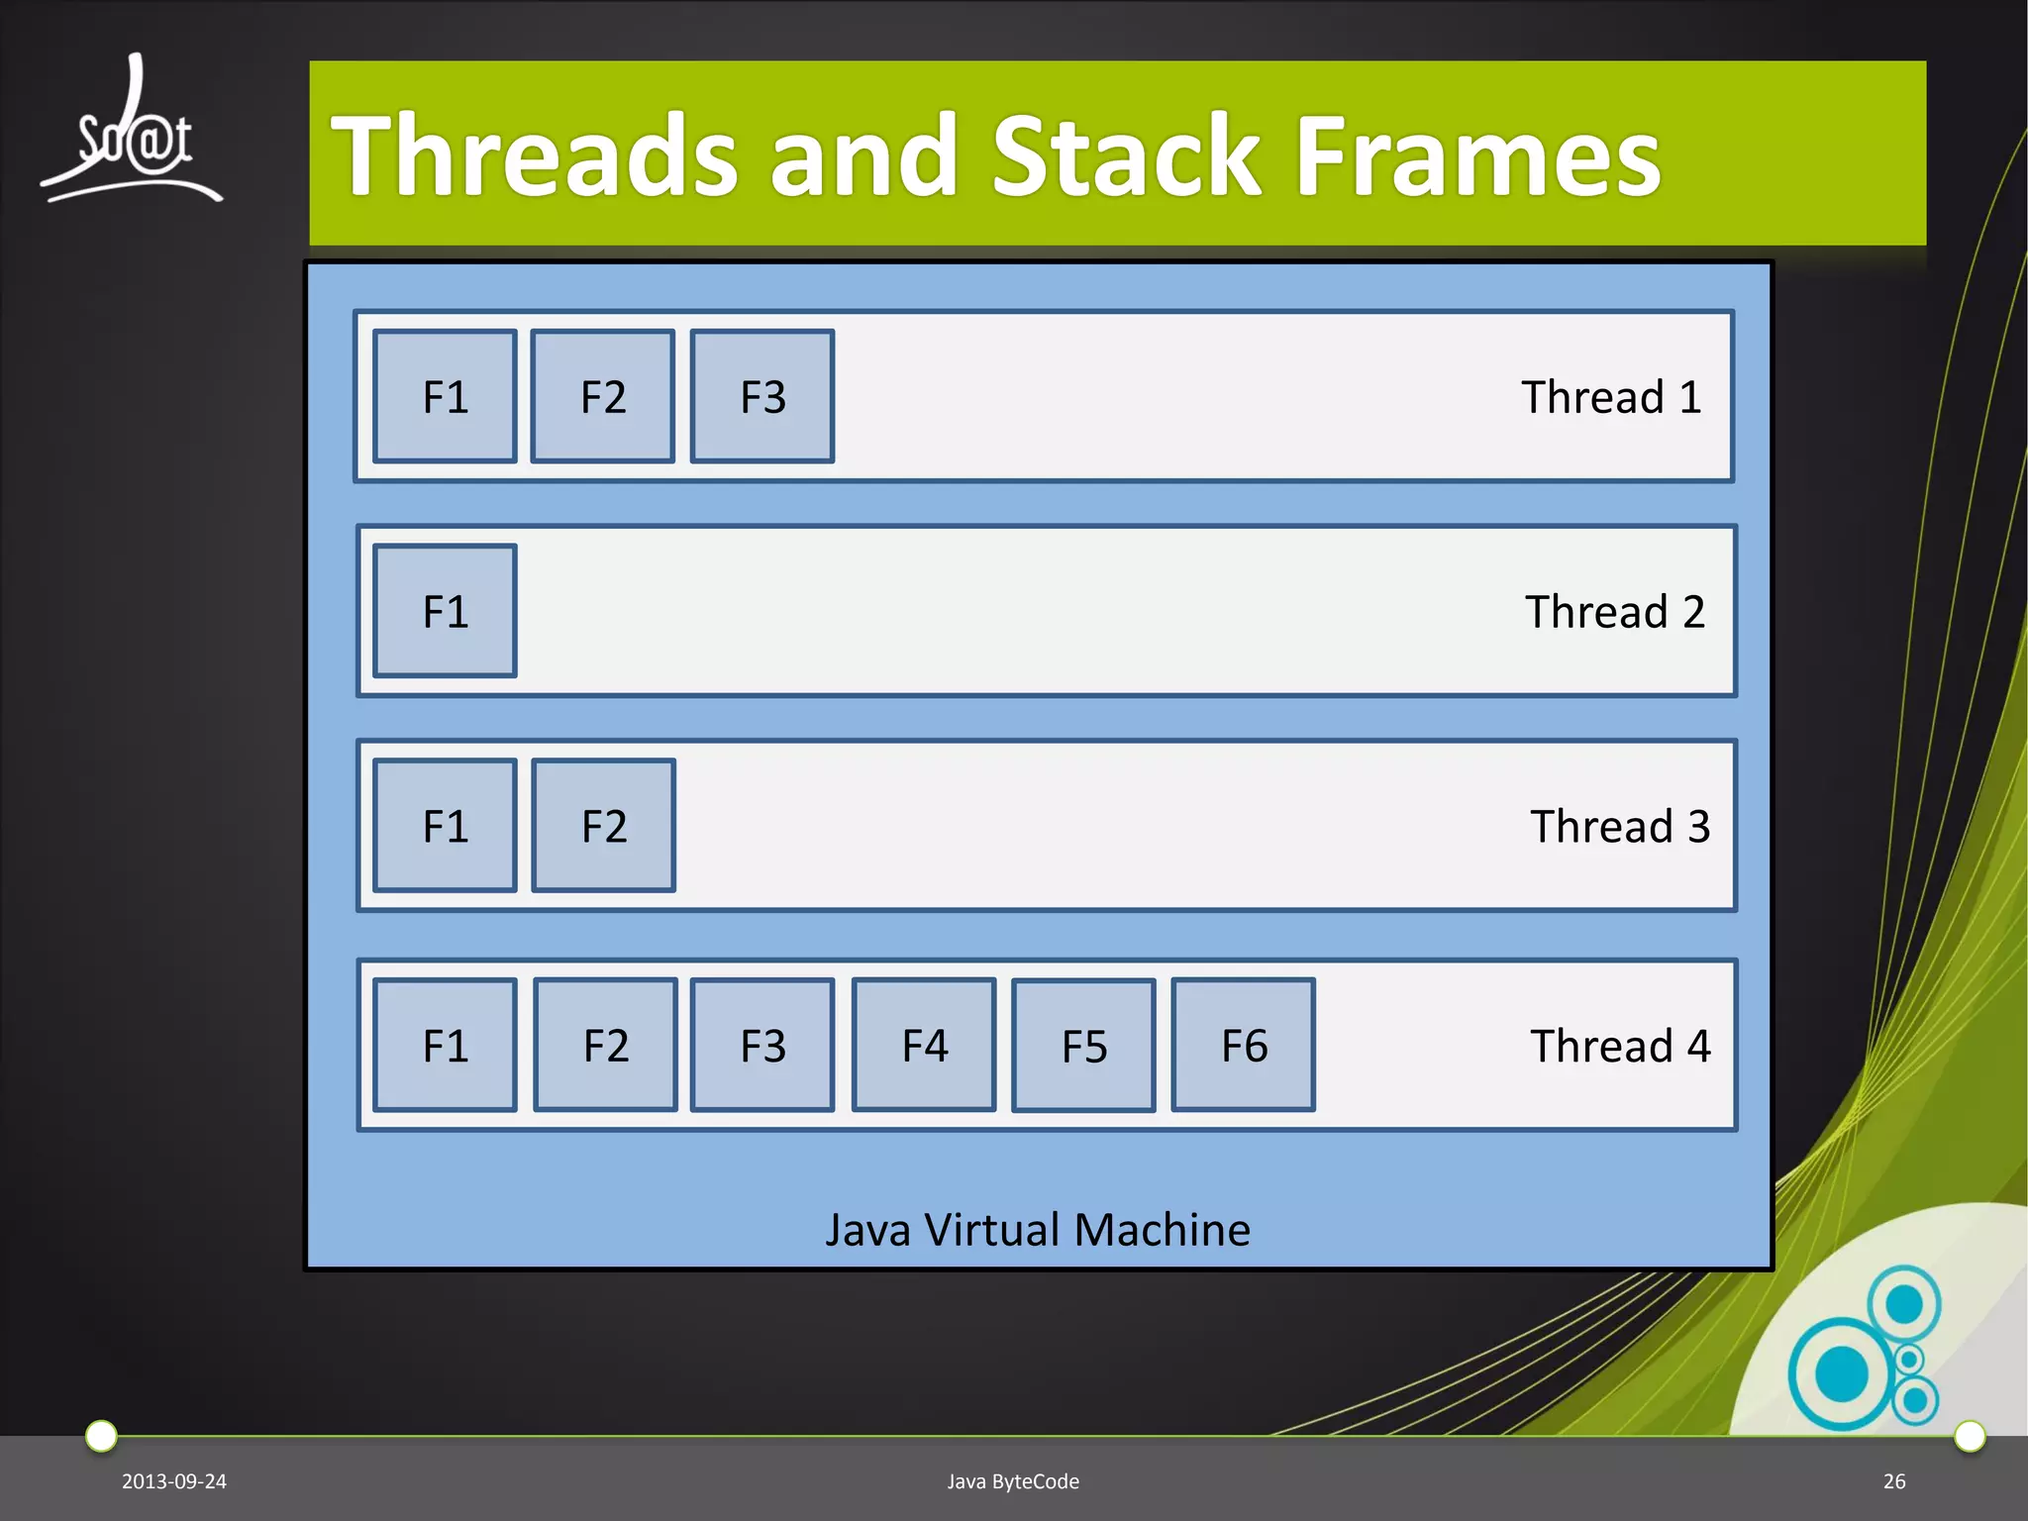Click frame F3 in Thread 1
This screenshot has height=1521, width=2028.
[x=761, y=396]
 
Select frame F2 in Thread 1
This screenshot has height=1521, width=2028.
[x=602, y=396]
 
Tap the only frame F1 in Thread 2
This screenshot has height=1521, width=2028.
[x=445, y=611]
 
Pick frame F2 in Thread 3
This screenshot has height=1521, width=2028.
[x=603, y=826]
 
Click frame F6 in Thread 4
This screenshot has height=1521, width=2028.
[x=1243, y=1045]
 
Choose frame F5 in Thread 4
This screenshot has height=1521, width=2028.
[x=1083, y=1046]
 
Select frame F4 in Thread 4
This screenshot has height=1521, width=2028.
[x=924, y=1045]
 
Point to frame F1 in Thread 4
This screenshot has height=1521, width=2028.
[x=445, y=1045]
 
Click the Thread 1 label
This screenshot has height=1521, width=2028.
[x=1611, y=397]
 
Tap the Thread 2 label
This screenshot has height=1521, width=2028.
[x=1614, y=612]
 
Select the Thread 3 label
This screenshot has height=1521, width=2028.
[x=1620, y=827]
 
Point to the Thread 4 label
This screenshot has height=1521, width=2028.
[x=1620, y=1046]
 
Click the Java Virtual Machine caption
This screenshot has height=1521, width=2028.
[x=1038, y=1230]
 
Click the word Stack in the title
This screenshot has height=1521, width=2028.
[x=1127, y=155]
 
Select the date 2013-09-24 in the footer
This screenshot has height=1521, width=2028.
[x=174, y=1481]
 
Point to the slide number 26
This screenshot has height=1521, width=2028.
[x=1894, y=1481]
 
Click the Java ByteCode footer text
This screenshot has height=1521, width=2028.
[x=1013, y=1481]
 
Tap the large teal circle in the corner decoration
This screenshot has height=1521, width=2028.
[x=1842, y=1374]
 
